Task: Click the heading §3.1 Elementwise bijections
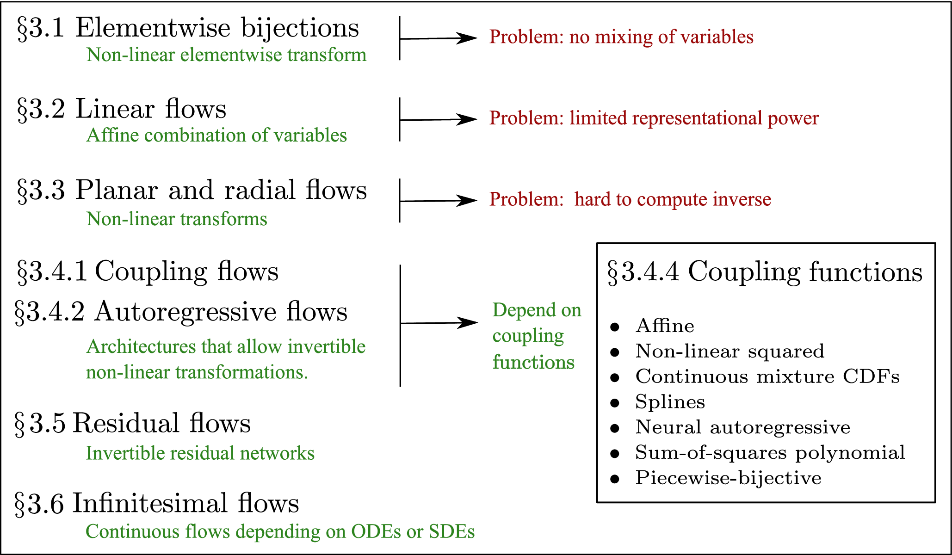tap(188, 29)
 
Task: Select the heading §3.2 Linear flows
tap(122, 110)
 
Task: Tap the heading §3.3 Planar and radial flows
tap(192, 191)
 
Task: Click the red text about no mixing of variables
tap(621, 37)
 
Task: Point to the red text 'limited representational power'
tap(654, 118)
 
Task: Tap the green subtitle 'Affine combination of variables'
tap(216, 136)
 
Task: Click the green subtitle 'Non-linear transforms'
tap(177, 219)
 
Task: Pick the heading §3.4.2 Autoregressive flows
tap(181, 312)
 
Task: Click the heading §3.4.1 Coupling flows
tap(148, 271)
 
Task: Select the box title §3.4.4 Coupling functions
tap(765, 272)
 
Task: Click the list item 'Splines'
tap(670, 402)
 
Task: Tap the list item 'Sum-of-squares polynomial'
tap(770, 452)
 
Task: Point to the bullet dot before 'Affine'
tap(614, 327)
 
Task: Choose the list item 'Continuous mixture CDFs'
tap(767, 376)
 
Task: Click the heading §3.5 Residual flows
tap(133, 424)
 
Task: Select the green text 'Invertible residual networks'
tap(200, 453)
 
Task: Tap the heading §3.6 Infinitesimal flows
tap(157, 504)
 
